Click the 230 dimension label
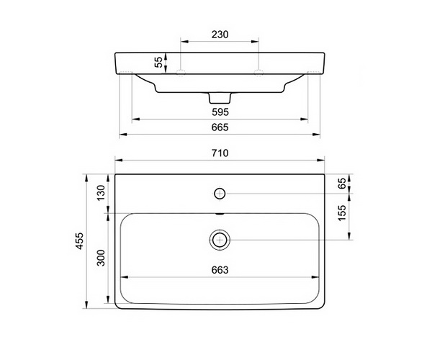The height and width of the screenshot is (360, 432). point(220,35)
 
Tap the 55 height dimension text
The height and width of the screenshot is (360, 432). point(158,62)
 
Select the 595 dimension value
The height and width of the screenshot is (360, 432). point(220,112)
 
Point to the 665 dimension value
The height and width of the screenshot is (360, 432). point(220,127)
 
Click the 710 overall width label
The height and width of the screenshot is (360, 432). point(220,153)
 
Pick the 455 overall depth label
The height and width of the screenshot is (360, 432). point(79,241)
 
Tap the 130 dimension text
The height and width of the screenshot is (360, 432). point(101,192)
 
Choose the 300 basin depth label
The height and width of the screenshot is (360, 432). point(101,258)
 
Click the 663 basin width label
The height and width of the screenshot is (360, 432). point(220,270)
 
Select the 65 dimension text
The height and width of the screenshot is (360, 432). point(341,183)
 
